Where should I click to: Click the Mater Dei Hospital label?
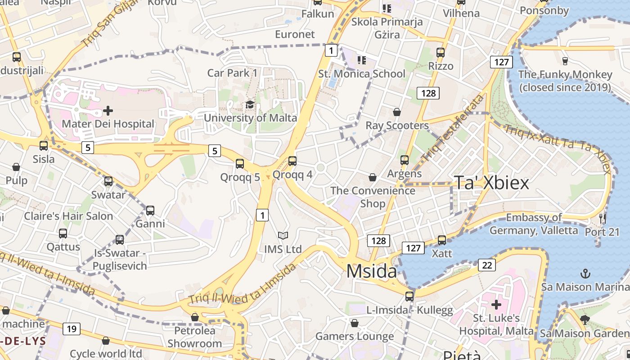point(108,124)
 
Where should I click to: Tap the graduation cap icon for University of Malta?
point(250,105)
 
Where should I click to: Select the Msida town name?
point(372,271)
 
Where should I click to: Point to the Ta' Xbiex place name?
point(491,183)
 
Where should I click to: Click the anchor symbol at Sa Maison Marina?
point(585,273)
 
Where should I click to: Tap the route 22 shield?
point(487,265)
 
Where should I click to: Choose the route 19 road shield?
point(72,329)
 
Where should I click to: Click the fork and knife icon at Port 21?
point(603,219)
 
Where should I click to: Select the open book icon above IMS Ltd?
point(283,235)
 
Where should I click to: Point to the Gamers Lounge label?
point(355,336)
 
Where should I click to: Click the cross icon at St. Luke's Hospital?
point(496,305)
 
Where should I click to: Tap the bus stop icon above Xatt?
point(442,240)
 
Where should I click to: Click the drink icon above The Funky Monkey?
point(565,61)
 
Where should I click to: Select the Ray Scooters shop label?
point(397,125)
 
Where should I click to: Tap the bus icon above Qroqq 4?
point(292,161)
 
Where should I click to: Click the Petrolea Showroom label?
point(195,337)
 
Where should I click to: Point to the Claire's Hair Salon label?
point(68,216)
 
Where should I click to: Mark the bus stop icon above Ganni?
point(150,211)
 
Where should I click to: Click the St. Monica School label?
point(362,73)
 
